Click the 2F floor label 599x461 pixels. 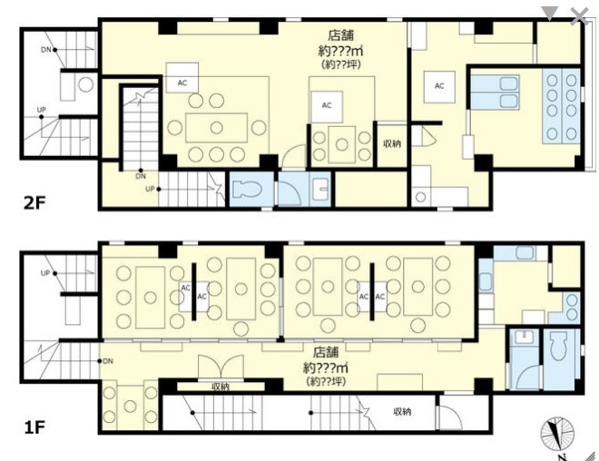34,203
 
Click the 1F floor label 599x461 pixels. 34,427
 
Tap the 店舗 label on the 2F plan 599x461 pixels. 340,35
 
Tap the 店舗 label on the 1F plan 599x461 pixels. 326,352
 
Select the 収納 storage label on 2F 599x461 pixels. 392,143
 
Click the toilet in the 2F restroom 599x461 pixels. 247,189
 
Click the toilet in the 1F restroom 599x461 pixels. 560,346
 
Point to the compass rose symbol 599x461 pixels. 557,434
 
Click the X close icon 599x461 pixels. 580,16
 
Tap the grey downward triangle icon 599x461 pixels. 550,13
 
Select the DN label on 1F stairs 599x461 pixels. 108,361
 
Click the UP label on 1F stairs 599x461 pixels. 45,273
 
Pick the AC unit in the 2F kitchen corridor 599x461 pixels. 439,87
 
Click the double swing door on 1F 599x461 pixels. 221,368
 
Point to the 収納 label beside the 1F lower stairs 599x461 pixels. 402,412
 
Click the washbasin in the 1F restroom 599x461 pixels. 525,338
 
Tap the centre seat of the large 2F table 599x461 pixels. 217,128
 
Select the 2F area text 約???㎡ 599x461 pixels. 340,51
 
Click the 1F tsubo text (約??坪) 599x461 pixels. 326,381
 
